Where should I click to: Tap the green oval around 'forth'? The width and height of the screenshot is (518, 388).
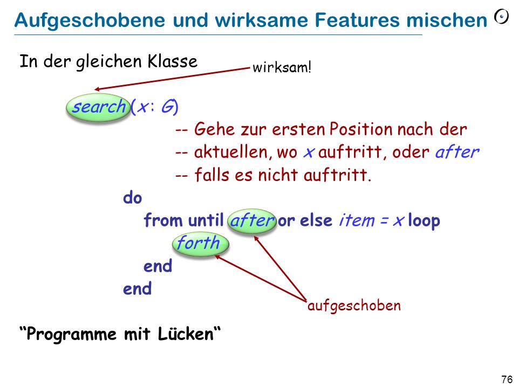201,244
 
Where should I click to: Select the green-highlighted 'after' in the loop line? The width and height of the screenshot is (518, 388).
252,220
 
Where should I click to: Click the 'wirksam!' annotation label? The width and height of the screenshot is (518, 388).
282,67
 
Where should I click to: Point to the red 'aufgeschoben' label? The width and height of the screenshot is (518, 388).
354,306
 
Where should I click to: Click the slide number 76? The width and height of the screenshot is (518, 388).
507,379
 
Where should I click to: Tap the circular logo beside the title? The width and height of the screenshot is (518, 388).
501,17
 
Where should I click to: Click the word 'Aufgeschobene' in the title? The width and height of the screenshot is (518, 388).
90,20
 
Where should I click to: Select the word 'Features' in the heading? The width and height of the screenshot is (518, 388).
357,20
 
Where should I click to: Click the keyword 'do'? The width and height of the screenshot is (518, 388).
133,198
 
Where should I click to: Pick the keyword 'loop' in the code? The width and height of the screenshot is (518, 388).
424,220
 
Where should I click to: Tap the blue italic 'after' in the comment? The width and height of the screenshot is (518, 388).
457,152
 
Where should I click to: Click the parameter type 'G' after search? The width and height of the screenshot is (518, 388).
168,107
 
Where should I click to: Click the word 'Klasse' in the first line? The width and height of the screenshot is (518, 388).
173,61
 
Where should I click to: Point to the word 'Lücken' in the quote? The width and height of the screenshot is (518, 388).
186,334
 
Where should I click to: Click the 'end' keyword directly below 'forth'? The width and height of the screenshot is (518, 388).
158,266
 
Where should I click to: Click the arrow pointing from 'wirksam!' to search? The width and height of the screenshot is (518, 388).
172,79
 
